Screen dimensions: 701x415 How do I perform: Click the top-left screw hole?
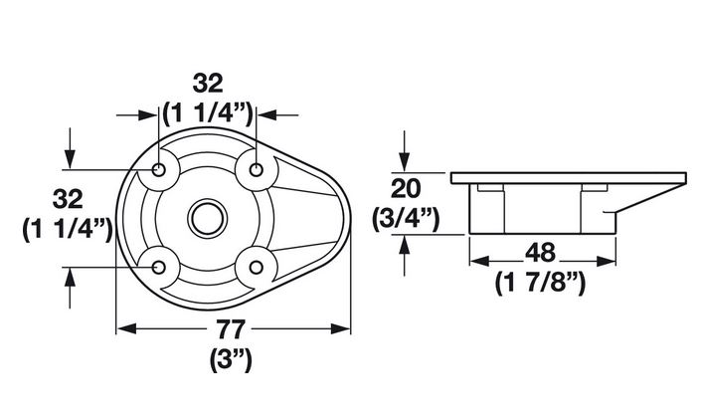(159, 169)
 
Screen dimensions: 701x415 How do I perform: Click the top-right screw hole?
(257, 169)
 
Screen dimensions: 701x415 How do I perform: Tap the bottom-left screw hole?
(159, 268)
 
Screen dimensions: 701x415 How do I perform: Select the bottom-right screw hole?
(257, 268)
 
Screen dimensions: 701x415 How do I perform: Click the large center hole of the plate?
(208, 219)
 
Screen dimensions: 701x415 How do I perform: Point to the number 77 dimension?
(231, 329)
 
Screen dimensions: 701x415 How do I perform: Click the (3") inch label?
(231, 360)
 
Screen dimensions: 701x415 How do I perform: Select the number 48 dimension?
(540, 253)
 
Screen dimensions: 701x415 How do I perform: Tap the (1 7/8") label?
(540, 283)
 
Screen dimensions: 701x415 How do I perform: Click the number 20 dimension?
(406, 188)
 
